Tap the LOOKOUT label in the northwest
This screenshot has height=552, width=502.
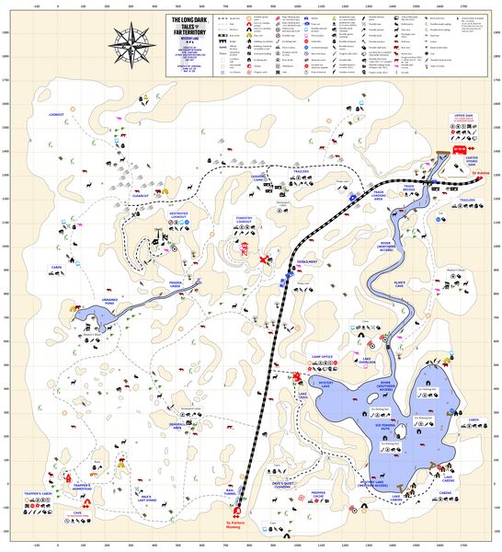(56, 115)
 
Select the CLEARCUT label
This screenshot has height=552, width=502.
(141, 195)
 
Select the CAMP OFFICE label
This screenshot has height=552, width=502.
(322, 356)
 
